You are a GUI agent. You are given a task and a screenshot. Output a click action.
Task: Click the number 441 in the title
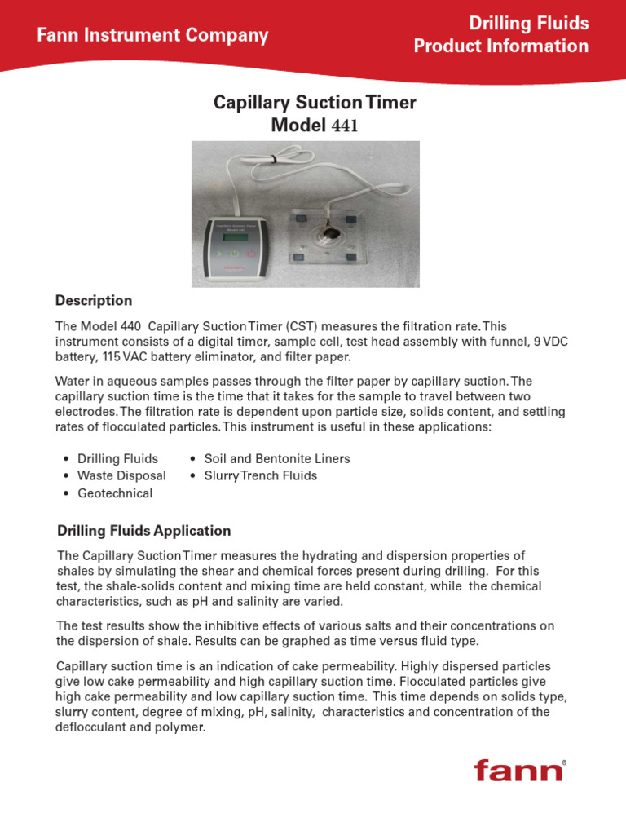point(343,126)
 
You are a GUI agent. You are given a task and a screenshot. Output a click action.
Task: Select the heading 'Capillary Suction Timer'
point(314,103)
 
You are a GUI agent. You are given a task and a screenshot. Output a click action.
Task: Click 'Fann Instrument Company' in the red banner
point(152,35)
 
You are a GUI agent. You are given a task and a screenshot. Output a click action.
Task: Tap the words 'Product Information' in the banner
point(500,46)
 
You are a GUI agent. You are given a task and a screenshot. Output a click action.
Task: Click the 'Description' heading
point(93,301)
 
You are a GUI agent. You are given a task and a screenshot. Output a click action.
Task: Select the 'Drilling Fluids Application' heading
point(143,531)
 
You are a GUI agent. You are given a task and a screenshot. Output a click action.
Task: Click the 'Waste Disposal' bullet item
point(121,475)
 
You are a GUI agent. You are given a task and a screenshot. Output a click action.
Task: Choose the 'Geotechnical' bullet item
point(115,493)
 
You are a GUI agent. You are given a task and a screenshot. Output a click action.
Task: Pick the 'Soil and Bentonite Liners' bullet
point(276,458)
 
